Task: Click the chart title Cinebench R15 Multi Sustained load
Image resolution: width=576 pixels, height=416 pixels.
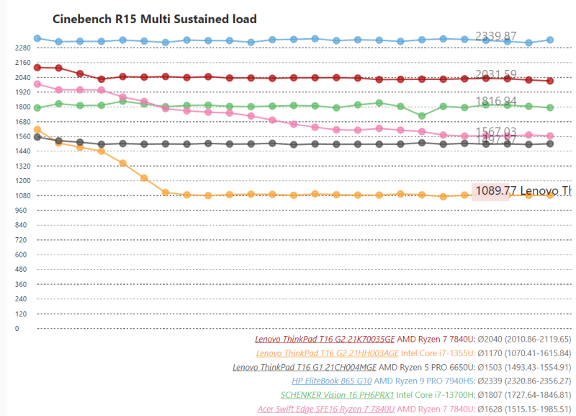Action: (155, 19)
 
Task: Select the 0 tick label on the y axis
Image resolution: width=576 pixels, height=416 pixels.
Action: (17, 329)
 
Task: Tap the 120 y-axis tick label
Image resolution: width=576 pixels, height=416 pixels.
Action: (20, 314)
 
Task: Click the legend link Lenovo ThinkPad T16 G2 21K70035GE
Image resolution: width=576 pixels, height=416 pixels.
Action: (325, 339)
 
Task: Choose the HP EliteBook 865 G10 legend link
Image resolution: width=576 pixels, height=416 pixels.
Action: (332, 381)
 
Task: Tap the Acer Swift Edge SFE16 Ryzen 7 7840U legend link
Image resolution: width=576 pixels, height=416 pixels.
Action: (326, 409)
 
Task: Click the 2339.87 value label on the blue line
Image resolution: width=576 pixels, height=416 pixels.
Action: (496, 36)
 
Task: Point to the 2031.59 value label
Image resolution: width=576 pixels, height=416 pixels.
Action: (496, 74)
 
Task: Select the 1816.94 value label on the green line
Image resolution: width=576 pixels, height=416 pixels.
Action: (496, 102)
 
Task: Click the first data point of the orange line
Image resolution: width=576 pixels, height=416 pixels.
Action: (37, 130)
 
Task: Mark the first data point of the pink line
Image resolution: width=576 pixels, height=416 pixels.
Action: (37, 84)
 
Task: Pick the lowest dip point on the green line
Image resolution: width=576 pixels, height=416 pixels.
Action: (422, 115)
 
